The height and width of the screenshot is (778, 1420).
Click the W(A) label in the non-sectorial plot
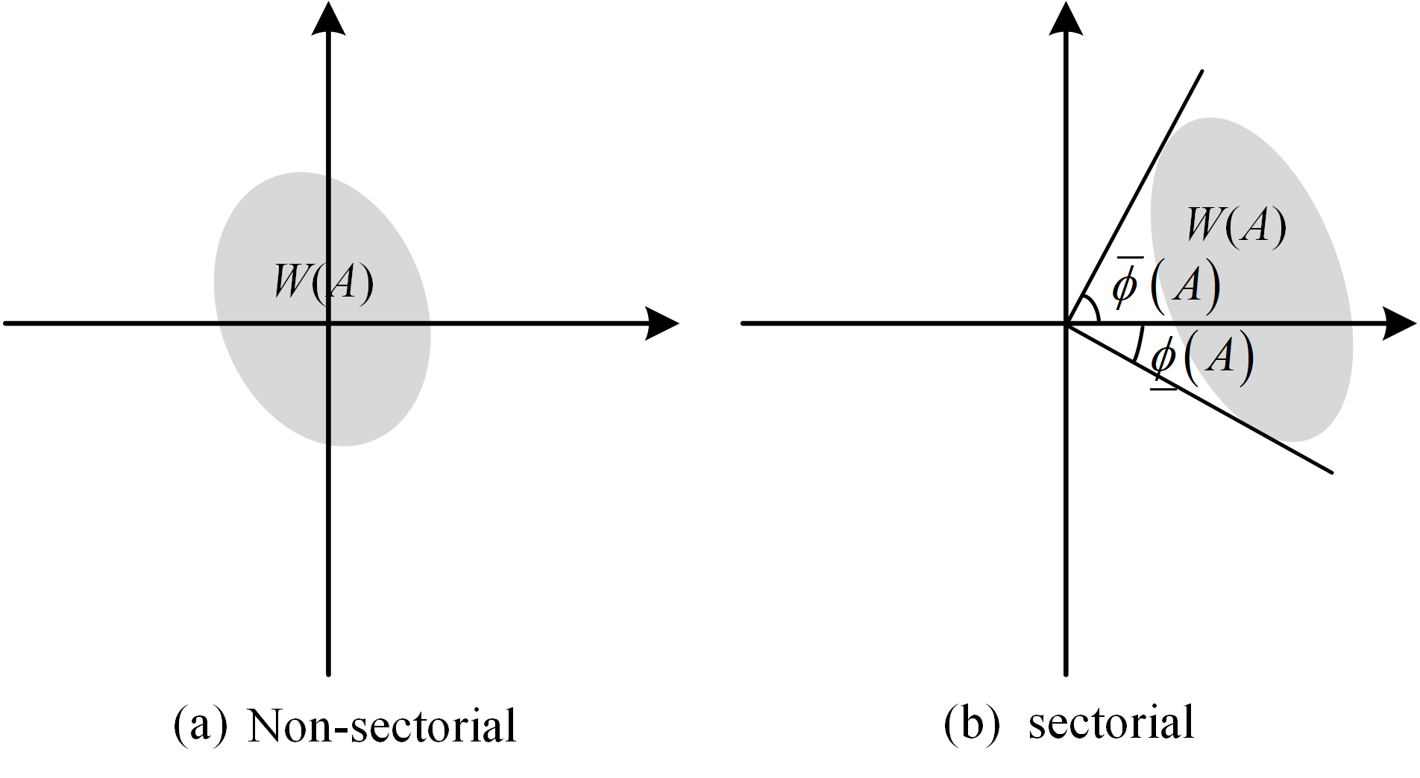click(324, 282)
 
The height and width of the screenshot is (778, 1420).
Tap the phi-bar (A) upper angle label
click(1166, 285)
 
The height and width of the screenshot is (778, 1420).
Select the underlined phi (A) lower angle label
click(1201, 358)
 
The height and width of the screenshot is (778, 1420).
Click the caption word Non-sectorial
click(381, 726)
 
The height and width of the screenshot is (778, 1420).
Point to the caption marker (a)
click(200, 724)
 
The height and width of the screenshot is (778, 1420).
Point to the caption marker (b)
click(971, 723)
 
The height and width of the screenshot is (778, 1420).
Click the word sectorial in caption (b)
click(1110, 723)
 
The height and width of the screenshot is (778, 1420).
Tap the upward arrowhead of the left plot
click(328, 19)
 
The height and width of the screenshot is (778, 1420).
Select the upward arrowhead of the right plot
click(1066, 19)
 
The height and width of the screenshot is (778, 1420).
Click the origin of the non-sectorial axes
click(328, 323)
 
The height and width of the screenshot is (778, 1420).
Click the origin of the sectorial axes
click(1066, 323)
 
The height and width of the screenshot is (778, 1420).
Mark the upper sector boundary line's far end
click(1201, 72)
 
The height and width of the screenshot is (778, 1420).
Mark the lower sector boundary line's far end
click(1331, 471)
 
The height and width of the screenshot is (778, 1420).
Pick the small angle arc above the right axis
click(1093, 307)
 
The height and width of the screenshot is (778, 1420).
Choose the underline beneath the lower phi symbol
click(1163, 388)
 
